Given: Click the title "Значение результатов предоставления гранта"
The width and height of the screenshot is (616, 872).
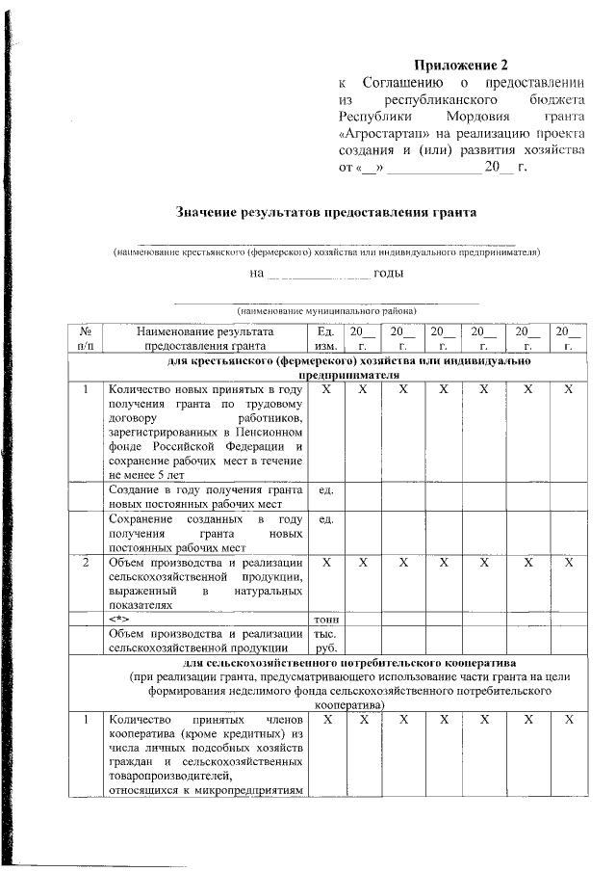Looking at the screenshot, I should pos(326,211).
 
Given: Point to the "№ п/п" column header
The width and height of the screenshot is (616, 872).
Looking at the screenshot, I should pos(85,336).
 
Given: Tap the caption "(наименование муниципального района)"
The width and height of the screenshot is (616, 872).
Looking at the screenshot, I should pos(326,311).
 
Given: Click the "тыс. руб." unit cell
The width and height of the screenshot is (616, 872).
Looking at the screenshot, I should pos(324,641).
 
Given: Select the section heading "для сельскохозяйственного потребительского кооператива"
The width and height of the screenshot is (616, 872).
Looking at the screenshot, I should pos(326,664).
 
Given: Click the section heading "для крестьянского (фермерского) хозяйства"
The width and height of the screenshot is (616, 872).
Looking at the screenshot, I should pos(326,360).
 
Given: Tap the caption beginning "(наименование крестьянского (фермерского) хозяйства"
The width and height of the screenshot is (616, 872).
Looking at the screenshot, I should pos(326,251).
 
